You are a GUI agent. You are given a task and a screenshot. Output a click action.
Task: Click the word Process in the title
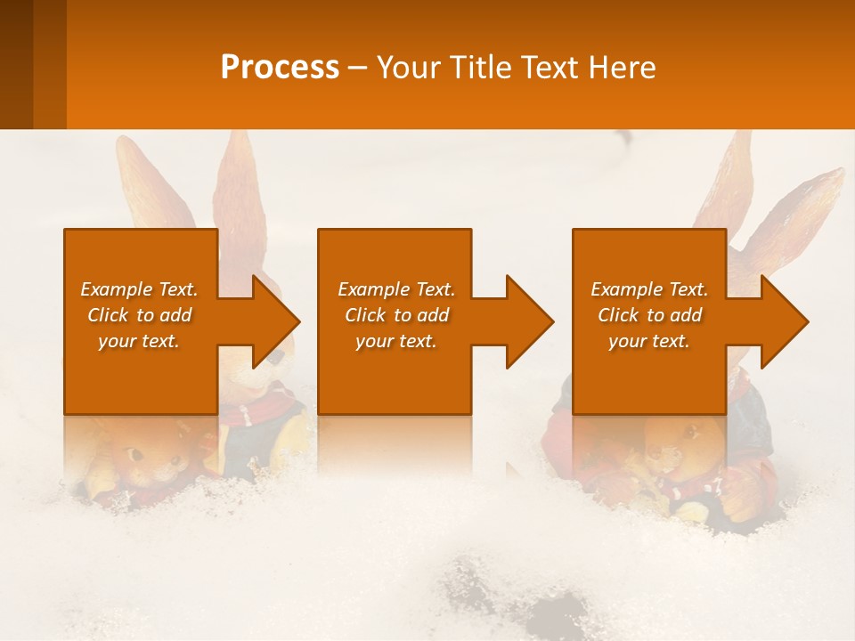(x=280, y=68)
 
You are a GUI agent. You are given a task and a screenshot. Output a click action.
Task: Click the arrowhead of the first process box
(x=276, y=321)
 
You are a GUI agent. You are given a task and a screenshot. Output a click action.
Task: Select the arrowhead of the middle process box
(x=530, y=321)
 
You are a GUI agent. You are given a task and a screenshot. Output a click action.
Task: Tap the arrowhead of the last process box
(x=785, y=321)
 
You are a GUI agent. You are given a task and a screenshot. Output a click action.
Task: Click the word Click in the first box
(x=108, y=315)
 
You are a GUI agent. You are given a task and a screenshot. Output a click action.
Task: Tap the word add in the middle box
(x=433, y=315)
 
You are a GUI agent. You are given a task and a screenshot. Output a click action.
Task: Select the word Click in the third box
(x=618, y=315)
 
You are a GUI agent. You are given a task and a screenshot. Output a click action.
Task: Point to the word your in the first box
(x=117, y=341)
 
